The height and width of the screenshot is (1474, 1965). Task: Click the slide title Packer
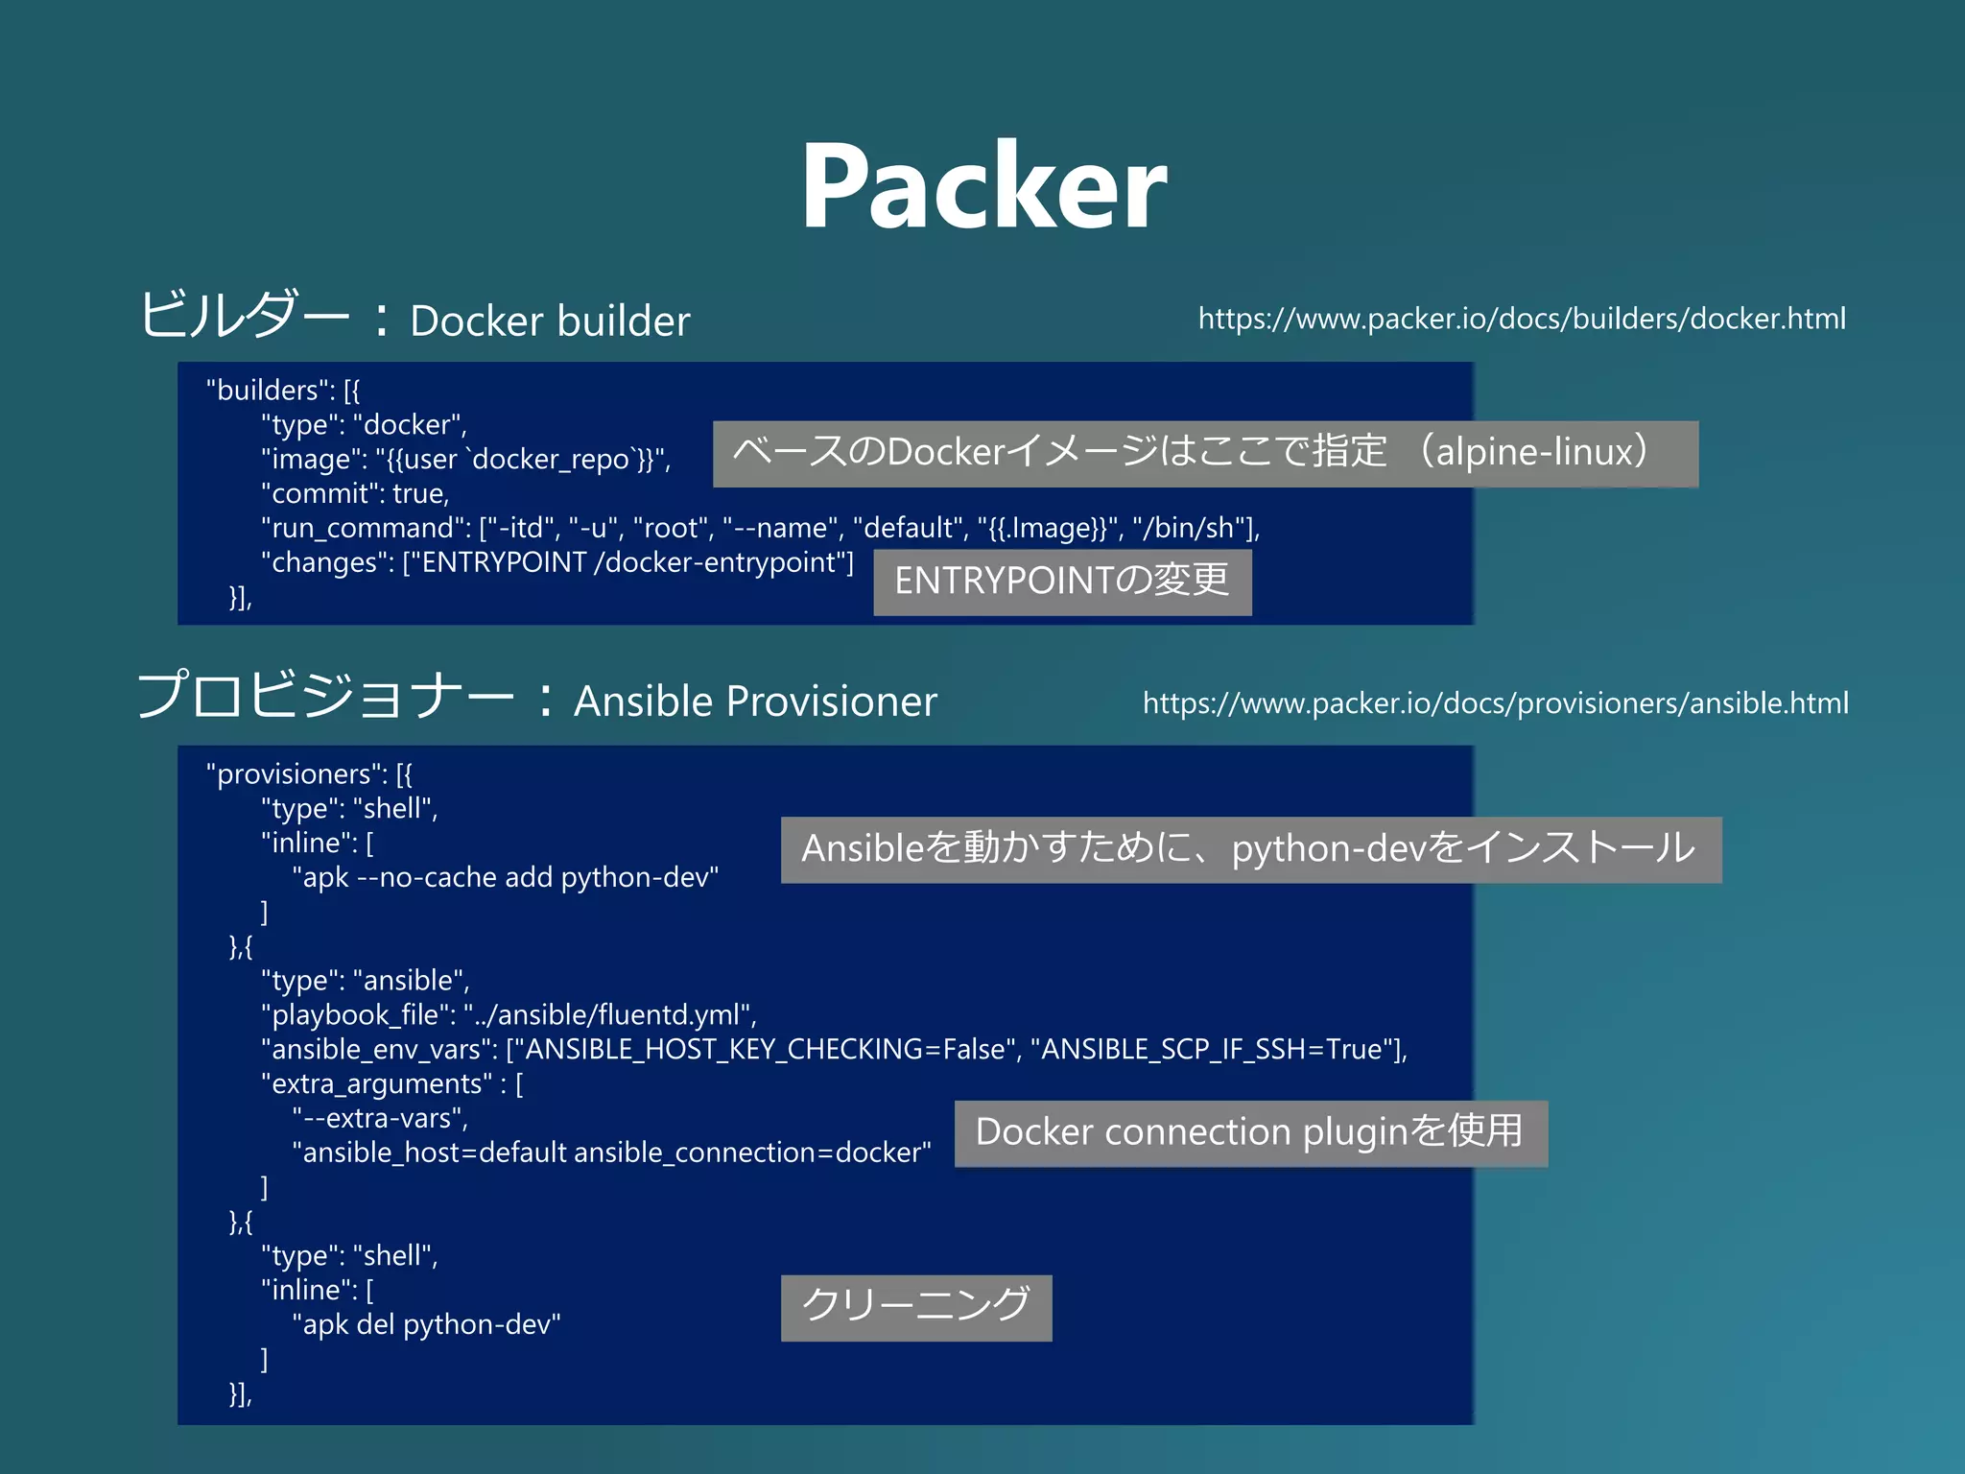click(x=983, y=186)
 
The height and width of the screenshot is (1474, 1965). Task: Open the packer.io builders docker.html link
click(x=1522, y=319)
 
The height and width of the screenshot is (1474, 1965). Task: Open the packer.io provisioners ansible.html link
click(x=1495, y=703)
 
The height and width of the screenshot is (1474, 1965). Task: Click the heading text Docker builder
click(x=550, y=321)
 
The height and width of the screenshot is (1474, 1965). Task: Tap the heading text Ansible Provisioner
click(x=755, y=701)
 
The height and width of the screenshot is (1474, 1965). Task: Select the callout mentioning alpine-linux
click(x=1205, y=453)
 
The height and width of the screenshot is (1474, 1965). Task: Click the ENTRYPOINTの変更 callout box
click(x=1062, y=582)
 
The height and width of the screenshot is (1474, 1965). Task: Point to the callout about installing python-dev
click(x=1250, y=849)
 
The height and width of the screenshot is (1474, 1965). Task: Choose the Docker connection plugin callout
click(x=1250, y=1132)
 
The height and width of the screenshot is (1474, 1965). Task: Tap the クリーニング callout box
click(x=916, y=1307)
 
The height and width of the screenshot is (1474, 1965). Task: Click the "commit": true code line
click(x=355, y=493)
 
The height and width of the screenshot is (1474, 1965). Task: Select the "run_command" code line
click(x=760, y=528)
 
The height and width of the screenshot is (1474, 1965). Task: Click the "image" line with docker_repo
click(x=465, y=459)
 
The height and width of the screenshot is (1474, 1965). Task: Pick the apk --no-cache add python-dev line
click(x=506, y=877)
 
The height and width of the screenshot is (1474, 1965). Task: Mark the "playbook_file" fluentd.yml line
click(x=509, y=1014)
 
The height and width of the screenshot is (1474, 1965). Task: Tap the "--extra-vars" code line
click(x=381, y=1118)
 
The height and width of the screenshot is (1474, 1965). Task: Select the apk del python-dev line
click(x=427, y=1324)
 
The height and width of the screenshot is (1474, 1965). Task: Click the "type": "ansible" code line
click(x=366, y=980)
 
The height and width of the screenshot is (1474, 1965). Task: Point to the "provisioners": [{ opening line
click(x=309, y=773)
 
